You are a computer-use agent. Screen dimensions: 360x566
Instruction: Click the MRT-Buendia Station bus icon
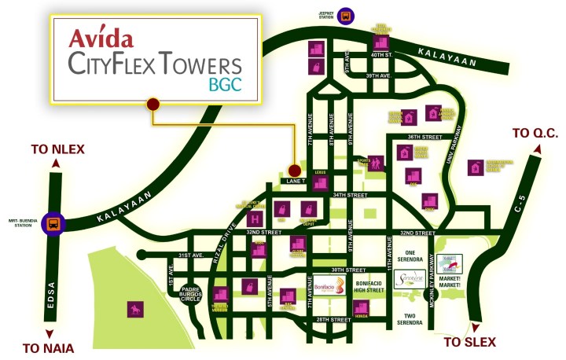point(53,222)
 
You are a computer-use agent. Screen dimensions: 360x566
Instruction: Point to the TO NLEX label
point(57,149)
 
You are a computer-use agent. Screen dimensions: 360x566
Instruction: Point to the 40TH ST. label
point(383,55)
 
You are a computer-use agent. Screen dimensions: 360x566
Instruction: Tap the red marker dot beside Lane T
point(294,170)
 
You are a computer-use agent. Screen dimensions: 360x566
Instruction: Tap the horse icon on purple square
point(132,309)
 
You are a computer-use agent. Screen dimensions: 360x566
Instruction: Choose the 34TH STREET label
point(351,195)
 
